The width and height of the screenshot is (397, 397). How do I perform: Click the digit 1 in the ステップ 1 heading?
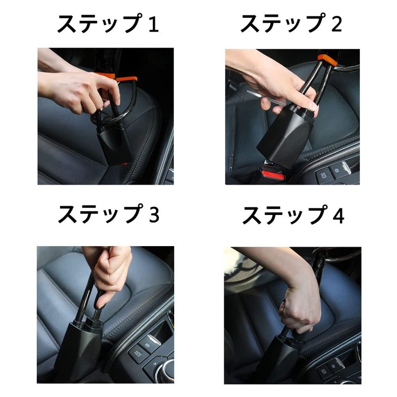(154, 24)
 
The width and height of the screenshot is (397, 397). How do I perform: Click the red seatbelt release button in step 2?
(272, 174)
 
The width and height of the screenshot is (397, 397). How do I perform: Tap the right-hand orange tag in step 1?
(128, 79)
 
